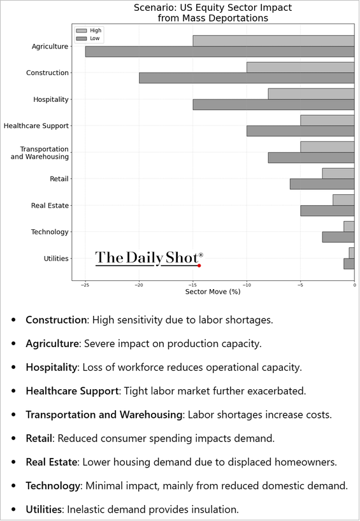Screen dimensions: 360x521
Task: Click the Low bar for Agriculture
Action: click(220, 52)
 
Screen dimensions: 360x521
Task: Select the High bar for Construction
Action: click(301, 67)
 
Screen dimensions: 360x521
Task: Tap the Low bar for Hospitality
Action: click(273, 104)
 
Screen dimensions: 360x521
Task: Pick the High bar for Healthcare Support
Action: click(328, 120)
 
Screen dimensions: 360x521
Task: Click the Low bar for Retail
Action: click(322, 183)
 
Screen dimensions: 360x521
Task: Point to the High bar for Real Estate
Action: click(343, 200)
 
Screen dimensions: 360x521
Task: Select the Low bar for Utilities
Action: click(349, 264)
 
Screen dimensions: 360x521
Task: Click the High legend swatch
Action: click(82, 31)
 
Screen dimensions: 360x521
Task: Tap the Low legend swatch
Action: click(82, 39)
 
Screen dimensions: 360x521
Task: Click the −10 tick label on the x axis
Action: click(247, 285)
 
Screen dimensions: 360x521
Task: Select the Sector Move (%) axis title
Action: click(213, 292)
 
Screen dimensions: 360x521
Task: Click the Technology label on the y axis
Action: click(50, 232)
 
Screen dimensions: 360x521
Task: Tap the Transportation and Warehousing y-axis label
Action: click(40, 153)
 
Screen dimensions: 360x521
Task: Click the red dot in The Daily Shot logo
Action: click(199, 266)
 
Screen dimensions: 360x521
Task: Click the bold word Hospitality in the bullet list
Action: click(51, 367)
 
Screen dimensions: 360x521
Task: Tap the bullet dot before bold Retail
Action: click(13, 438)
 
